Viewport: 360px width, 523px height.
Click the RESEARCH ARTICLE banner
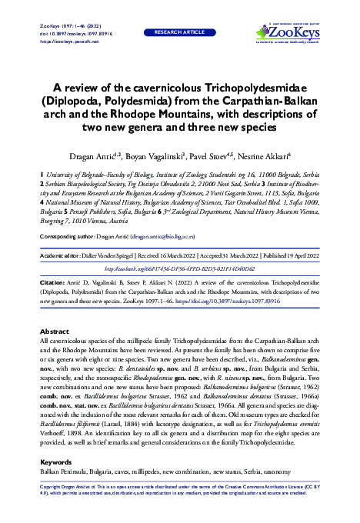click(178, 35)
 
